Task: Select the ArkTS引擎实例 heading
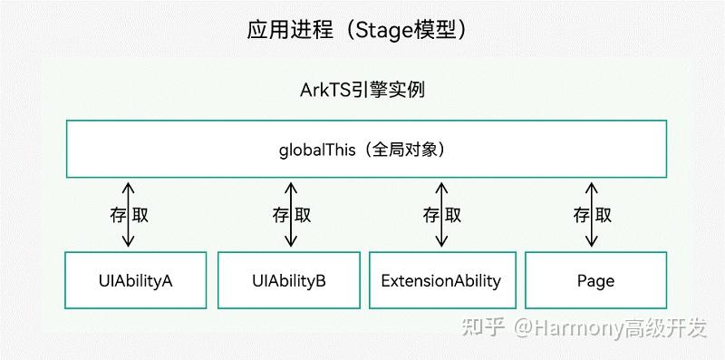pos(362,91)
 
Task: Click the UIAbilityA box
pos(137,280)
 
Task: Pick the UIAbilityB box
pos(289,280)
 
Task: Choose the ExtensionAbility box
pos(440,280)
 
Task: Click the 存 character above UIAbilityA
pos(116,215)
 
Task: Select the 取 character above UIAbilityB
pos(303,215)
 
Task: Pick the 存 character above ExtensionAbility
pos(430,215)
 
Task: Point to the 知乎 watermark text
pos(483,327)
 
